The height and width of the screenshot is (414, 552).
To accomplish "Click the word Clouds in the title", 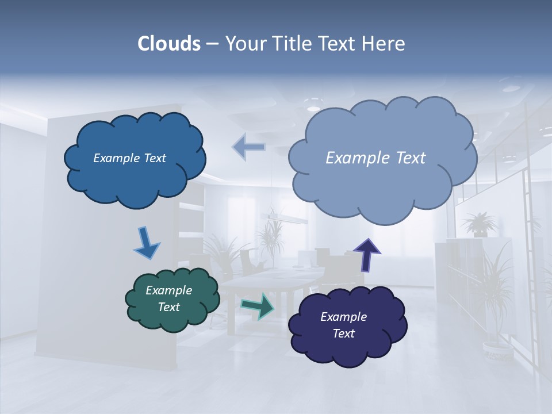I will point(169,44).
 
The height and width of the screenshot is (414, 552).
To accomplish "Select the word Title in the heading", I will point(288,44).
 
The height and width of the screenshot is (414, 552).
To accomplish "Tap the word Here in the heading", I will point(385,44).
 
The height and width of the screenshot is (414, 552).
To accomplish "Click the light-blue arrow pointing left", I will point(248,147).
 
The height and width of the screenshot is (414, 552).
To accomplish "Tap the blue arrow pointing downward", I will point(146,243).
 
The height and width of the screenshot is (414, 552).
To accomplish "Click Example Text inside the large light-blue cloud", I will point(375,158).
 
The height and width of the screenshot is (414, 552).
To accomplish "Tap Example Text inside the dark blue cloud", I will point(129,158).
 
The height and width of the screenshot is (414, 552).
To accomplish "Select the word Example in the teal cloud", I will point(168,290).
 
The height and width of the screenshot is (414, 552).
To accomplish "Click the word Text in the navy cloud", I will point(343,333).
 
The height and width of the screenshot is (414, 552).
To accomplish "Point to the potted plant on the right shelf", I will point(479,224).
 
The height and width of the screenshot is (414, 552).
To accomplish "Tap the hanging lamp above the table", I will point(285,217).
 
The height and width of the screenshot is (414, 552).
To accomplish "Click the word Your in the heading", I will point(244,44).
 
